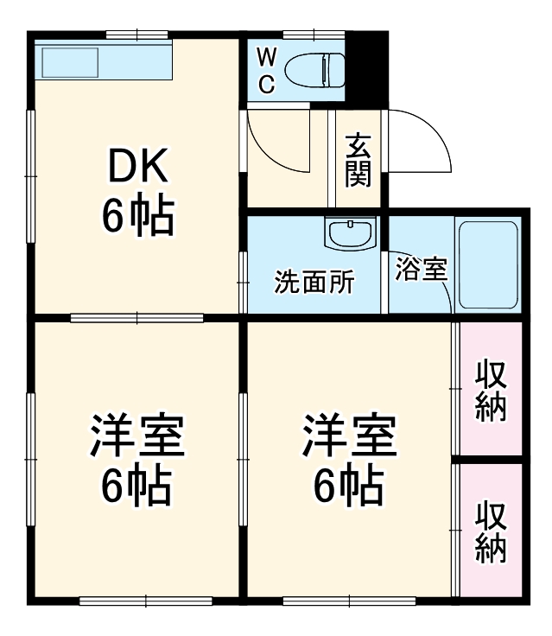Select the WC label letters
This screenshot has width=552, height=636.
coord(267,70)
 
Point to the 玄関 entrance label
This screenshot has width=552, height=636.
coord(358,160)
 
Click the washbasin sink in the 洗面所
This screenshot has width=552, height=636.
coord(350,233)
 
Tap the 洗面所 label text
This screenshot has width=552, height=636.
coord(314,283)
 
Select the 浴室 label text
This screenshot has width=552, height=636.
coord(421,269)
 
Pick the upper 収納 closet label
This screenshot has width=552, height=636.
coord(491,389)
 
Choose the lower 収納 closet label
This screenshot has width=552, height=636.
coord(491,531)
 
